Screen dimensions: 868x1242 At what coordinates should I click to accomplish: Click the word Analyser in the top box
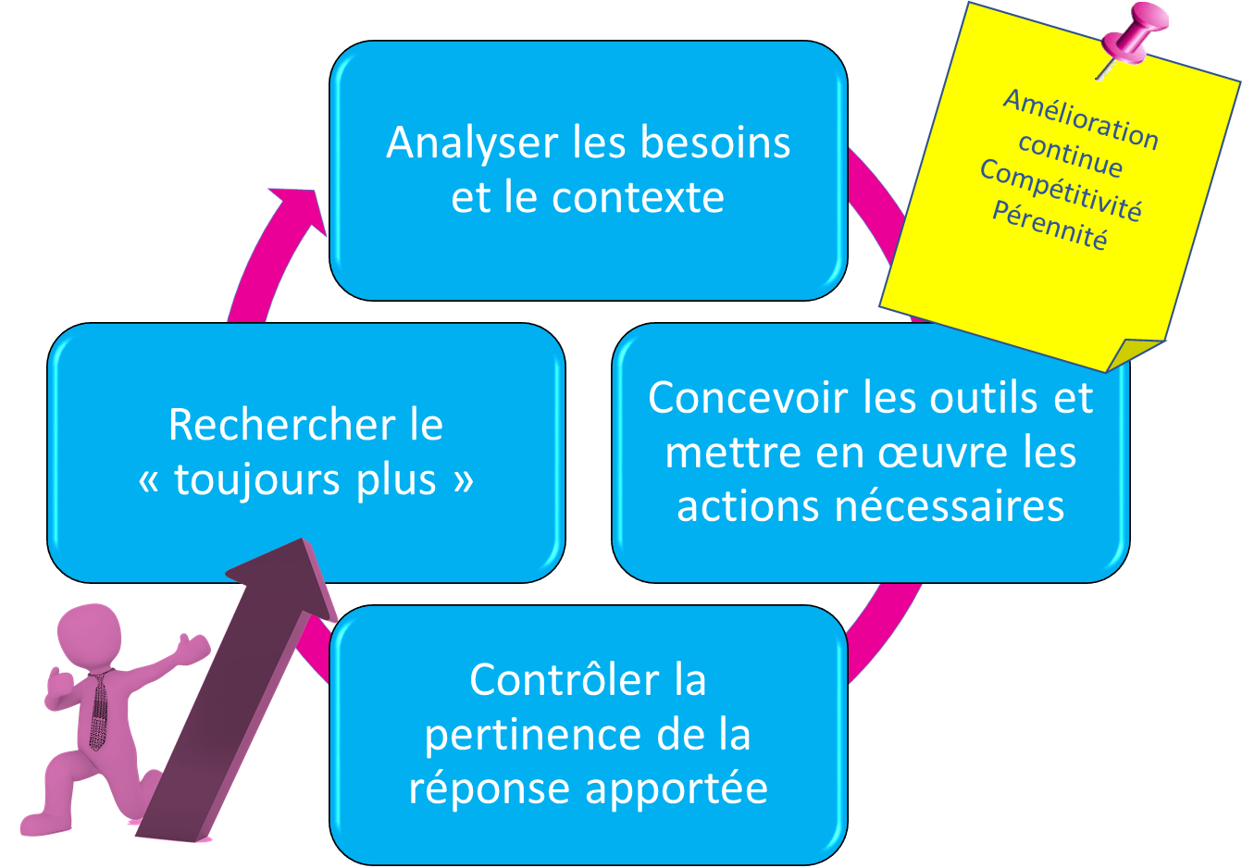tap(471, 143)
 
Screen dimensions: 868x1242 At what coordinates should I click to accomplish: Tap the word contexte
tap(638, 198)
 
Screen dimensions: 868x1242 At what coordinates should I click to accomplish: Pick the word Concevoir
tap(747, 399)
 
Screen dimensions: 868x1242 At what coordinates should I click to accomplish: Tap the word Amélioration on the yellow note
tap(1081, 119)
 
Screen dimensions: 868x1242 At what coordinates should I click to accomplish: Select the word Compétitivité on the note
tap(1061, 190)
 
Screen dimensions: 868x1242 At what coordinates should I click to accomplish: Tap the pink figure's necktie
tap(97, 713)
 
